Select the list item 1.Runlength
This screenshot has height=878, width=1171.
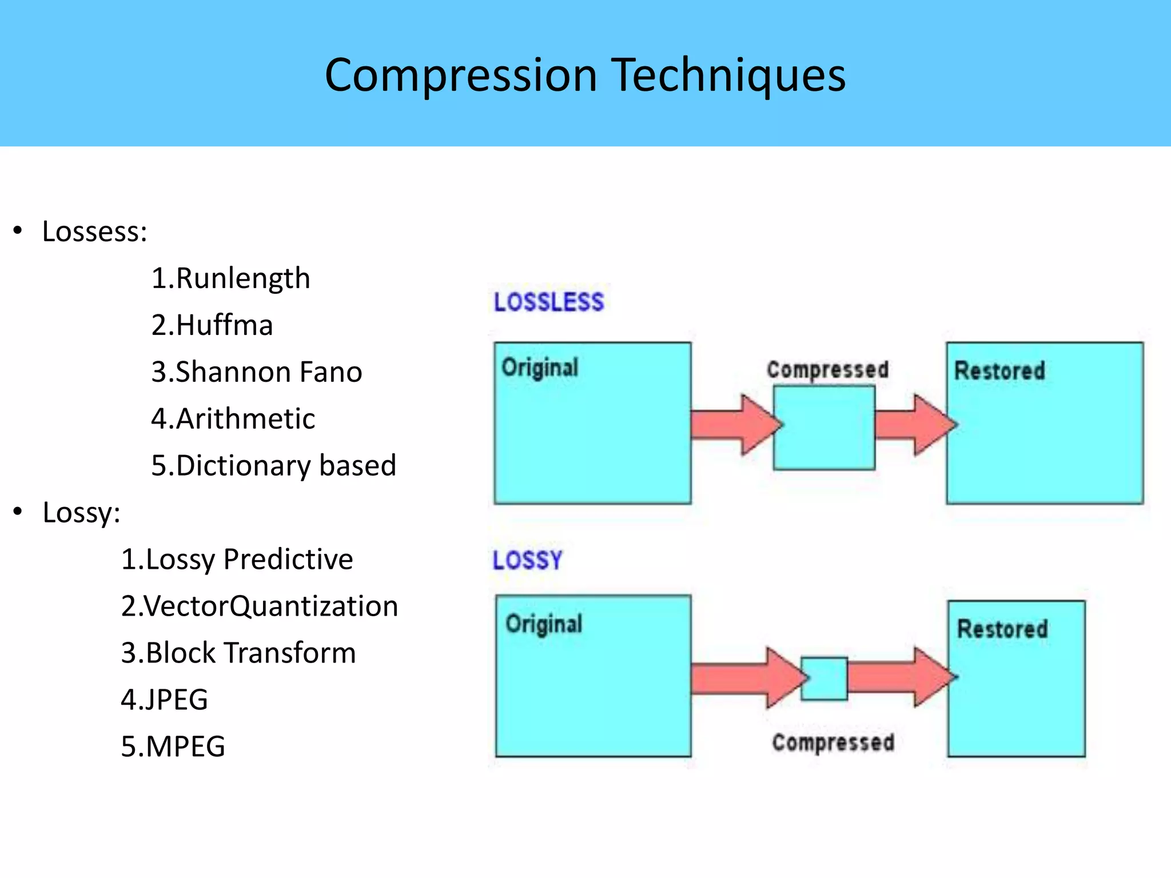click(230, 278)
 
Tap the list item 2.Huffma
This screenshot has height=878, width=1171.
click(212, 325)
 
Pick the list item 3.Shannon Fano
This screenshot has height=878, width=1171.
click(256, 372)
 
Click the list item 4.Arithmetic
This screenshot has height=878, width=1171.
click(233, 419)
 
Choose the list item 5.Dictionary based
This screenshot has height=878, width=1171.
click(273, 465)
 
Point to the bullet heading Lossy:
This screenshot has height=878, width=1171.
click(81, 512)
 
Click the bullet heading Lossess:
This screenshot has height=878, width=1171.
click(94, 232)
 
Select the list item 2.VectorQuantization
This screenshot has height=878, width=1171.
click(259, 606)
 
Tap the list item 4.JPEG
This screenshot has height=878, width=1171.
click(164, 700)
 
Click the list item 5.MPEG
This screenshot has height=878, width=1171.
click(173, 747)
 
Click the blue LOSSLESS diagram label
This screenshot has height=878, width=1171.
click(548, 302)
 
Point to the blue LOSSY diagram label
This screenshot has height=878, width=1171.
click(527, 560)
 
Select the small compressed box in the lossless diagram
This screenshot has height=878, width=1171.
click(824, 428)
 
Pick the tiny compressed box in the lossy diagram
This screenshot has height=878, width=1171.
click(824, 679)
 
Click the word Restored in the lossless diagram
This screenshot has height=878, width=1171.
click(999, 370)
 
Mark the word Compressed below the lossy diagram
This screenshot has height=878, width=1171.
click(833, 743)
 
